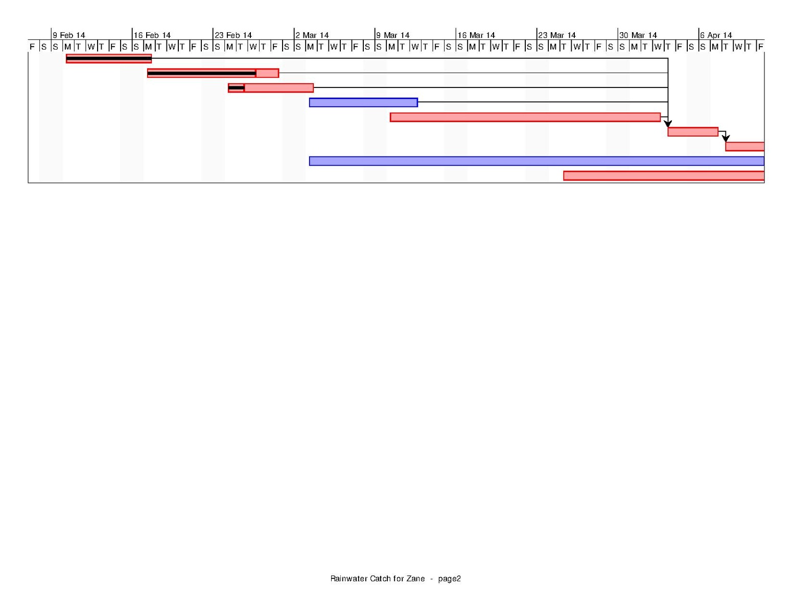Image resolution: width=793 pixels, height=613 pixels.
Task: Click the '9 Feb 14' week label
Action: point(68,35)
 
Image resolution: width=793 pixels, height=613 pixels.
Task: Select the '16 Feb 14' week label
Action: point(152,35)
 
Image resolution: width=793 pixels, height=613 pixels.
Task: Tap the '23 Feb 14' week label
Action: point(233,35)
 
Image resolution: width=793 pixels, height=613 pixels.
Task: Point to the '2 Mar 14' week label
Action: point(312,35)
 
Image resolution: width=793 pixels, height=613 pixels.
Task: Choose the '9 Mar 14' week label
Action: point(393,35)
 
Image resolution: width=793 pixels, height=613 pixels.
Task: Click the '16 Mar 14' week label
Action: point(476,35)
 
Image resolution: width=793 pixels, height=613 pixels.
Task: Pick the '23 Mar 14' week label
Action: point(556,35)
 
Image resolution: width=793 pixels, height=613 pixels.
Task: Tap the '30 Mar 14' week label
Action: point(638,35)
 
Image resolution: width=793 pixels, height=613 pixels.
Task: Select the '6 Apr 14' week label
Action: point(716,35)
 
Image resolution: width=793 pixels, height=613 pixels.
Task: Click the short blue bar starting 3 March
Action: point(363,103)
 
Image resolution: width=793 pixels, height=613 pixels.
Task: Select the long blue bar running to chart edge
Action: point(537,161)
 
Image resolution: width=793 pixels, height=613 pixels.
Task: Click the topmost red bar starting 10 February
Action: point(109,58)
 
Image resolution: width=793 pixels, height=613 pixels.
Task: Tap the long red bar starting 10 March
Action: point(525,117)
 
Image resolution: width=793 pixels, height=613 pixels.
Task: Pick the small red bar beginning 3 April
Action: point(693,132)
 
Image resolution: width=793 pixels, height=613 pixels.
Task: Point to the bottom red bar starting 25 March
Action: point(663,175)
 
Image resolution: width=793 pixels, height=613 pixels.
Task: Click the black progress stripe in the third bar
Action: point(237,87)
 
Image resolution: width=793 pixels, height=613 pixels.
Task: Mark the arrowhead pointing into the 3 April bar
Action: point(668,124)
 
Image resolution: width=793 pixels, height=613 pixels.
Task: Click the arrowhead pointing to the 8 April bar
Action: point(726,139)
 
